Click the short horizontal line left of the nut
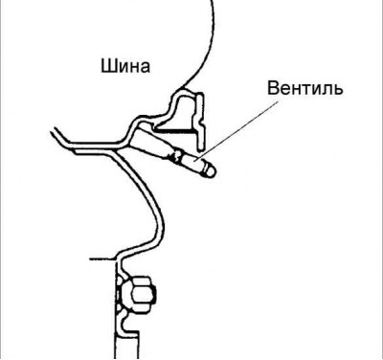[100, 257]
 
